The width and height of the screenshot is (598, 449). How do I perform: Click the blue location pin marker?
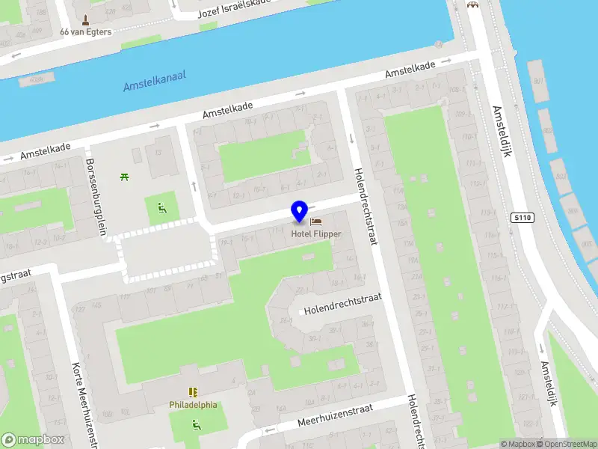(300, 213)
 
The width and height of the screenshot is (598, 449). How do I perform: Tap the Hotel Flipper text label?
(316, 234)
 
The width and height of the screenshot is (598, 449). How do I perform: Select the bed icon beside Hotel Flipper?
(315, 222)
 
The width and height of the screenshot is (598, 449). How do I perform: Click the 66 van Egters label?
(86, 31)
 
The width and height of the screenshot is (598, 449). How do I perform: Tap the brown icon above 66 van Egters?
(85, 19)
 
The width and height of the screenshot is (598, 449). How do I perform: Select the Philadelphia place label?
(193, 405)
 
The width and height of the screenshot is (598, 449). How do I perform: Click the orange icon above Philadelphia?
(193, 392)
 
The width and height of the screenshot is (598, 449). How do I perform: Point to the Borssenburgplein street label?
(96, 196)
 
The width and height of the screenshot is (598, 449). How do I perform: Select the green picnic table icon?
(124, 177)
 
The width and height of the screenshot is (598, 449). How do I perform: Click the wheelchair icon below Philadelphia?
(197, 424)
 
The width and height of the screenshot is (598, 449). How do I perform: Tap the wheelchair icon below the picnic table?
(161, 207)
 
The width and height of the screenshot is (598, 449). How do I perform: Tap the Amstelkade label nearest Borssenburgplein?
(45, 151)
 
